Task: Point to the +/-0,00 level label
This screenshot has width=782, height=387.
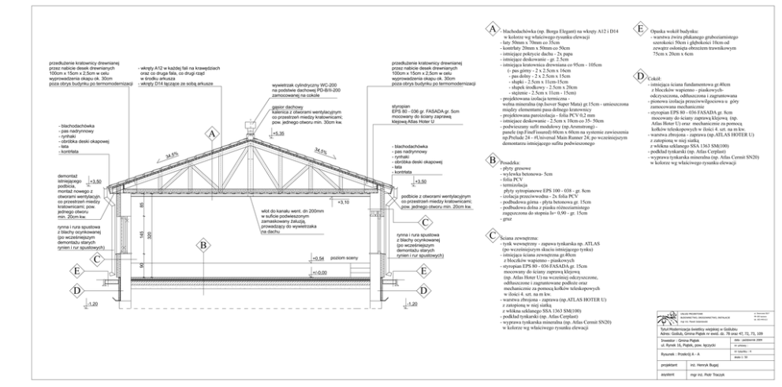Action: [319, 273]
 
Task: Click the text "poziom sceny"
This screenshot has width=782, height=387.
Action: [344, 258]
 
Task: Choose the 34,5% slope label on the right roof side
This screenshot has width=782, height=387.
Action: [321, 151]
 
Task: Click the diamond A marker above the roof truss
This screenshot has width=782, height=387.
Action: [211, 134]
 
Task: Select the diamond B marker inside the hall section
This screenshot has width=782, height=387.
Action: [203, 245]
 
